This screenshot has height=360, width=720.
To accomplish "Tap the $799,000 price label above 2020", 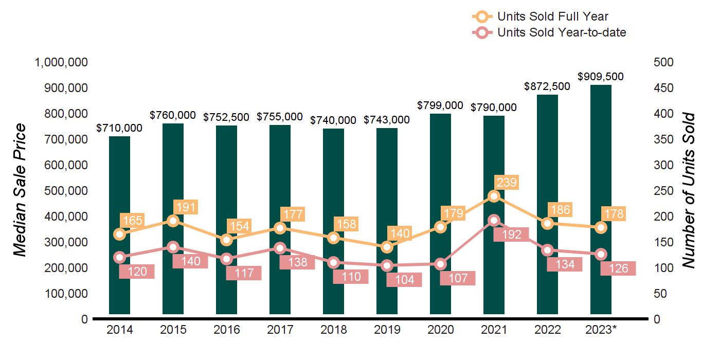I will point(440,105).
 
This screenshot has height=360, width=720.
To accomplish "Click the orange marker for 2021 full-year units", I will point(494,196).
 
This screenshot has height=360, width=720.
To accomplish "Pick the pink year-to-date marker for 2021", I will point(494,220).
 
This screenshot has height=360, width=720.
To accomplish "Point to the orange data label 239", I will point(506,183).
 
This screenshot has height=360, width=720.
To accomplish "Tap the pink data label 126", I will point(618,268).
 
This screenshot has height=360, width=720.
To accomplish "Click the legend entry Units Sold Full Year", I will point(552,17).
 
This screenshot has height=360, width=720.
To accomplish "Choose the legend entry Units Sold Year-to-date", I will point(561,32).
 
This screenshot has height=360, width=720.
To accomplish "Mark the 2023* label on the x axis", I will point(601,330).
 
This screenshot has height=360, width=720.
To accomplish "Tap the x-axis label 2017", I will point(280,330).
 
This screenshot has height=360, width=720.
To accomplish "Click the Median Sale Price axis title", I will point(20,190).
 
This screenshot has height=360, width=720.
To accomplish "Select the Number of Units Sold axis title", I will point(689,190).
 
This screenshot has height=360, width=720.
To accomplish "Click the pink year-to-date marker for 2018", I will point(334,262).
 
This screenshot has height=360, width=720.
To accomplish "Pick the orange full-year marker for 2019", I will point(387,247).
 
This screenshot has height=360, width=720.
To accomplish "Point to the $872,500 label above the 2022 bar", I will point(547,86).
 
